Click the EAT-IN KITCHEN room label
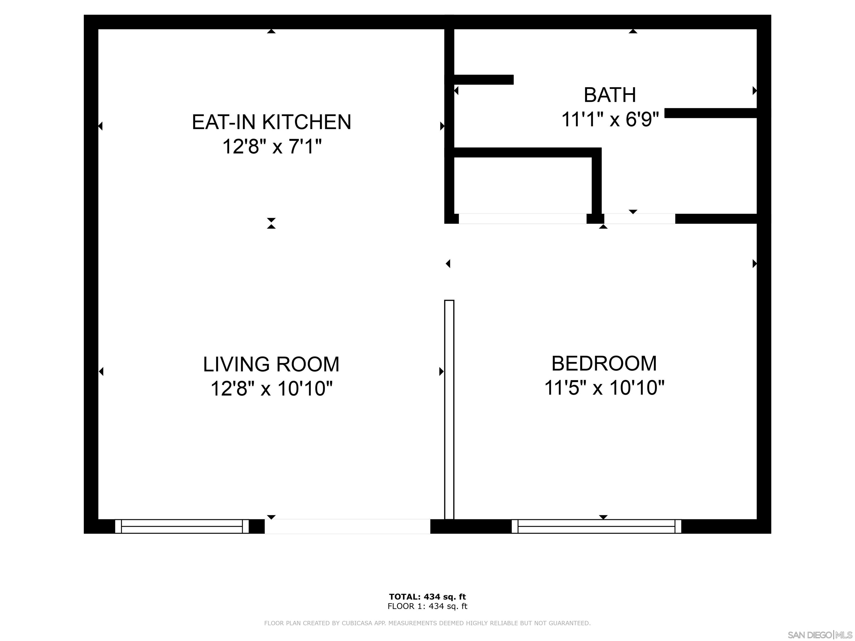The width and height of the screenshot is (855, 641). click(x=271, y=122)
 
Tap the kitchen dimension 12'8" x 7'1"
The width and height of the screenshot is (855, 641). click(x=271, y=147)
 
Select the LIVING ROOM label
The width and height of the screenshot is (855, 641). click(x=271, y=364)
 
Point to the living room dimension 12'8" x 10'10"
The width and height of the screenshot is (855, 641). click(x=271, y=389)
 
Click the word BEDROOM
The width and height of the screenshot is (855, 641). click(x=604, y=364)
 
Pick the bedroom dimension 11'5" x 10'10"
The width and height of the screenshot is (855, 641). click(x=604, y=388)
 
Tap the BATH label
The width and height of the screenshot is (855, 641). click(x=610, y=95)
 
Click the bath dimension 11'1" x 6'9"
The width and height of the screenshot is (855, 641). click(x=610, y=119)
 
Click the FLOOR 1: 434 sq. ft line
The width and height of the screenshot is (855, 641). click(x=427, y=606)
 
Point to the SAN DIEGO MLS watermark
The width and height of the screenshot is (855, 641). click(x=819, y=635)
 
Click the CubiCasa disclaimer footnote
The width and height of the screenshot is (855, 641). click(x=427, y=623)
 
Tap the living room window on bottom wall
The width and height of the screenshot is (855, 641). click(x=182, y=526)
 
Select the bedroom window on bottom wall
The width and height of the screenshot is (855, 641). click(x=596, y=526)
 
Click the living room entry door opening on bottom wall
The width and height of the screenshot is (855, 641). click(x=347, y=526)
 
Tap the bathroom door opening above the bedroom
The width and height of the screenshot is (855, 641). click(x=639, y=219)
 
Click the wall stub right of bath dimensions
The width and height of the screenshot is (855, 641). click(x=711, y=113)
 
